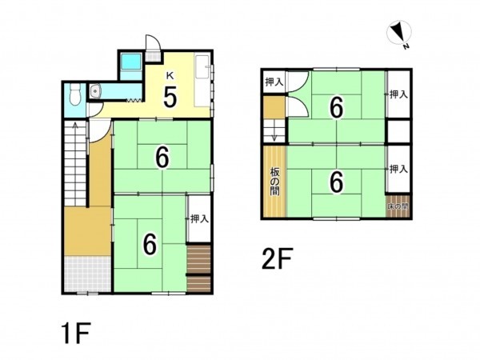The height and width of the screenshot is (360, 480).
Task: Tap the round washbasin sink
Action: click(95, 91)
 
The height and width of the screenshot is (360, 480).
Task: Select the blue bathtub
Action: click(130, 62)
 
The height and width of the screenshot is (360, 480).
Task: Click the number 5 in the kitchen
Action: click(170, 97)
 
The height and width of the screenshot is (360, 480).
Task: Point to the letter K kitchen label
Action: click(170, 76)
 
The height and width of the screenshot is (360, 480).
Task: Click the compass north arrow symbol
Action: click(399, 32)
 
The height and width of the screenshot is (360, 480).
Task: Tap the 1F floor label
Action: click(76, 334)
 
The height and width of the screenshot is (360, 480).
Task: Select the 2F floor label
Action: click(278, 258)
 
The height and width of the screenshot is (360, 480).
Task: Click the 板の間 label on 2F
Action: click(274, 182)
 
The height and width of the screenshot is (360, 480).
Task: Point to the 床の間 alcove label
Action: click(398, 206)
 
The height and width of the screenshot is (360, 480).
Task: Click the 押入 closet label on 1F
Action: click(199, 219)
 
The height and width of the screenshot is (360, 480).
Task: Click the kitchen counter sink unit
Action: click(202, 81)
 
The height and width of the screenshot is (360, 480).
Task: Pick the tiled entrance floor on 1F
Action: click(87, 274)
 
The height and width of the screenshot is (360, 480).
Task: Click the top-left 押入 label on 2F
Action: click(274, 82)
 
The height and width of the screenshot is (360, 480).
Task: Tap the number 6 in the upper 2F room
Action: click(336, 107)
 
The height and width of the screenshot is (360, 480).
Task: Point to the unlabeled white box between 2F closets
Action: click(398, 132)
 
